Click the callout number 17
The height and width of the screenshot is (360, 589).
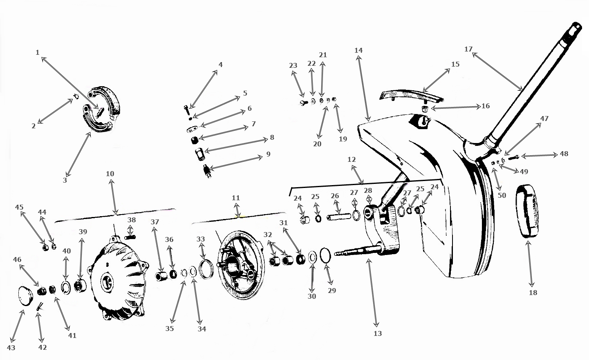(468, 49)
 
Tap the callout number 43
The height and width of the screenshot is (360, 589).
(11, 348)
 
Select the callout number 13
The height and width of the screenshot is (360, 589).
(378, 333)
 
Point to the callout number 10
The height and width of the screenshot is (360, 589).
(110, 174)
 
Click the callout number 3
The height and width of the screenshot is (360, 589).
(65, 180)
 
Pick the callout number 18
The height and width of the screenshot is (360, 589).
(533, 293)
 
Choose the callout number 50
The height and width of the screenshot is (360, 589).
(502, 195)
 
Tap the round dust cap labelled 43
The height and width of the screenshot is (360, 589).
(25, 295)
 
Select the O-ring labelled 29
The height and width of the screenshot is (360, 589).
(325, 255)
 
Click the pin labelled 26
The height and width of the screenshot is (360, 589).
(339, 217)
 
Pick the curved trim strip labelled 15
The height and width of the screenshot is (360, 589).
(410, 95)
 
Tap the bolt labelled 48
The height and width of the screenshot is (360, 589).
(513, 158)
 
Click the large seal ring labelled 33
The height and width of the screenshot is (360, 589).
(206, 269)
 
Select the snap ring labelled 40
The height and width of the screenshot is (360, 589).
(66, 288)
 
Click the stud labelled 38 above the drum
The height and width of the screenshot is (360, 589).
(130, 237)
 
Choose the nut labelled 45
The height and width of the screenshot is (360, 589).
(45, 248)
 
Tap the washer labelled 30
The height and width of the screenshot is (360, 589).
(312, 257)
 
